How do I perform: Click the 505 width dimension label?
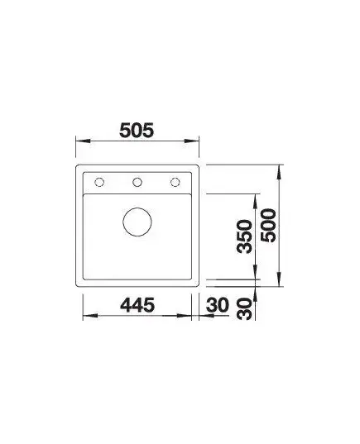click(137, 130)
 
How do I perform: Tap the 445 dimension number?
click(137, 305)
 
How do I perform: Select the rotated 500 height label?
click(268, 226)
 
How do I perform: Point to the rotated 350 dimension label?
click(245, 236)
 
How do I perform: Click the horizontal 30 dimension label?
click(217, 305)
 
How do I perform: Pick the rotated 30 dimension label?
click(245, 309)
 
